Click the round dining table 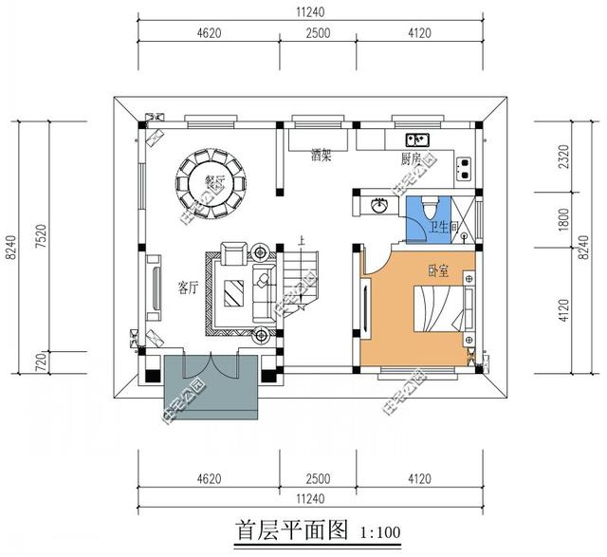(x=212, y=181)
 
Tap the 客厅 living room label (x=187, y=287)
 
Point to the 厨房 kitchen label (x=411, y=158)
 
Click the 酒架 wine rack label (x=322, y=158)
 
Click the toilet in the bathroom (x=426, y=205)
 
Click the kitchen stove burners (x=465, y=169)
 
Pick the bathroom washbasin (x=377, y=204)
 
